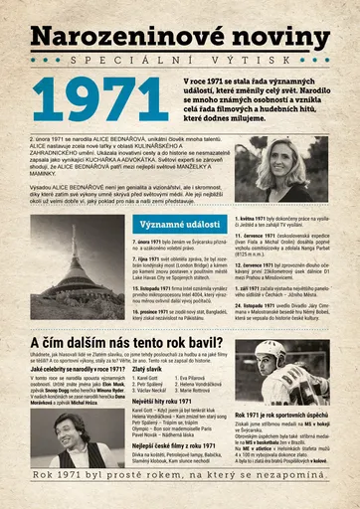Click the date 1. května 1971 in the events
point(260,216)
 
